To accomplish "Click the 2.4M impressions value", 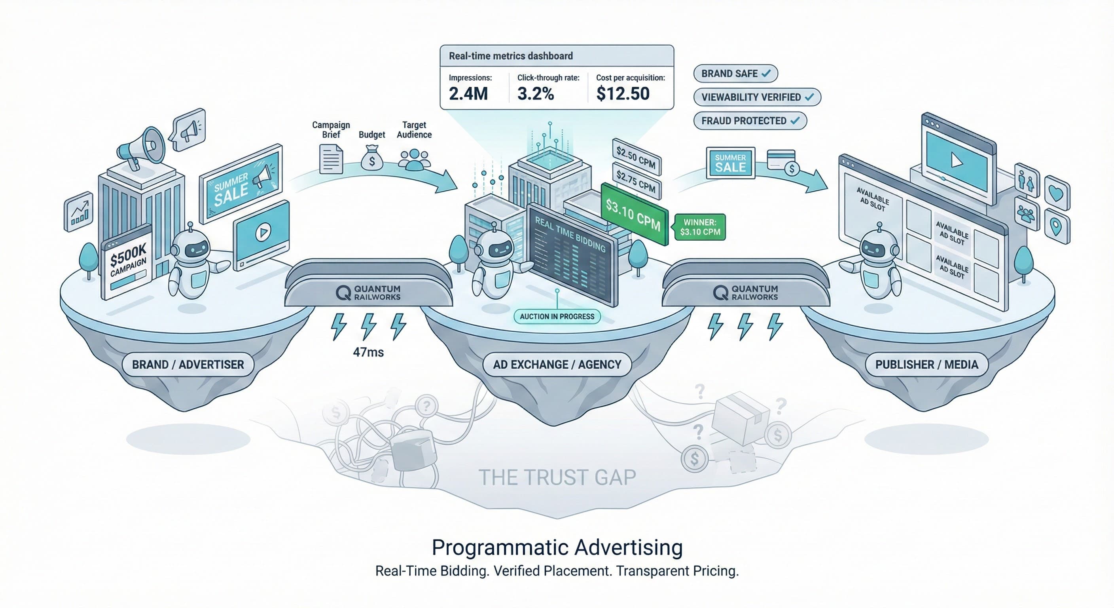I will tap(468, 93).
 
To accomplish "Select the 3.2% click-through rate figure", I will tap(535, 93).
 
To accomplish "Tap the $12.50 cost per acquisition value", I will tap(622, 93).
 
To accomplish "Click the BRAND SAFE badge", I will tap(735, 74).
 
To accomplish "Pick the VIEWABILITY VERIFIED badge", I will tap(757, 97).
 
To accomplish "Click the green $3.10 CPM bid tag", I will tap(633, 214).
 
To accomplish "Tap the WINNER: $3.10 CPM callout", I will tap(700, 227).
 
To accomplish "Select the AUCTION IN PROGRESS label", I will tap(557, 316).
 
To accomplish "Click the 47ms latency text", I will tap(368, 352).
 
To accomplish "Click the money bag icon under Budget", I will tap(371, 158).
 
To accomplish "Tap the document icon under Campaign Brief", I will tap(331, 159).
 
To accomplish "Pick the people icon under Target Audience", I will tap(414, 159).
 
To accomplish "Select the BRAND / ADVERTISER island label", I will tap(188, 365).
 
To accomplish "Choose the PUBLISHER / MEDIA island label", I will tap(926, 365).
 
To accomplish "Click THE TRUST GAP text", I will tap(557, 477).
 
